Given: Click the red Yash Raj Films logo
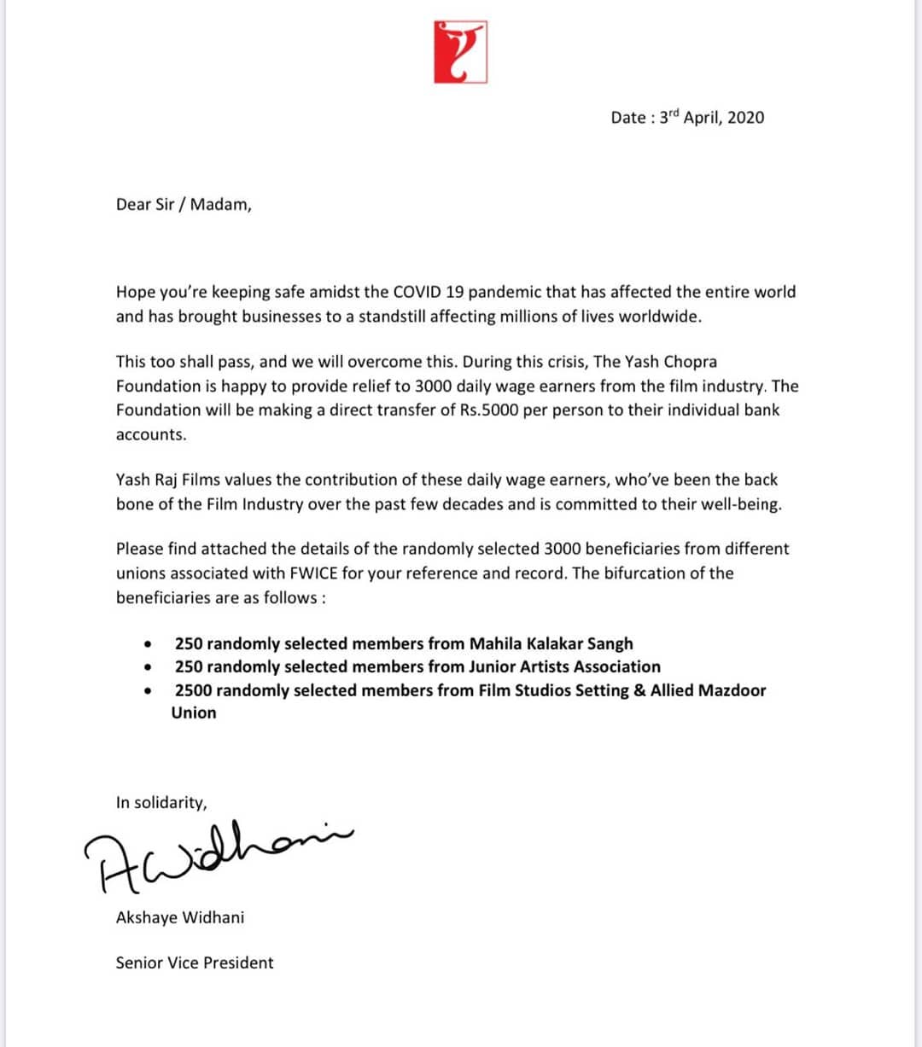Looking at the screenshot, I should coord(460,52).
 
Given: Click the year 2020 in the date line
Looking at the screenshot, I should coord(745,118).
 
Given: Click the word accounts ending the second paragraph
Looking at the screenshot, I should coord(150,434).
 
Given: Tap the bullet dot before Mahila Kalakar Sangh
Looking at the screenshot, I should coord(149,644).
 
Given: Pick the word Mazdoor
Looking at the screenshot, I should coord(732,690).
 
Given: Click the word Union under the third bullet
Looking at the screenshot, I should coord(194,713).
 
